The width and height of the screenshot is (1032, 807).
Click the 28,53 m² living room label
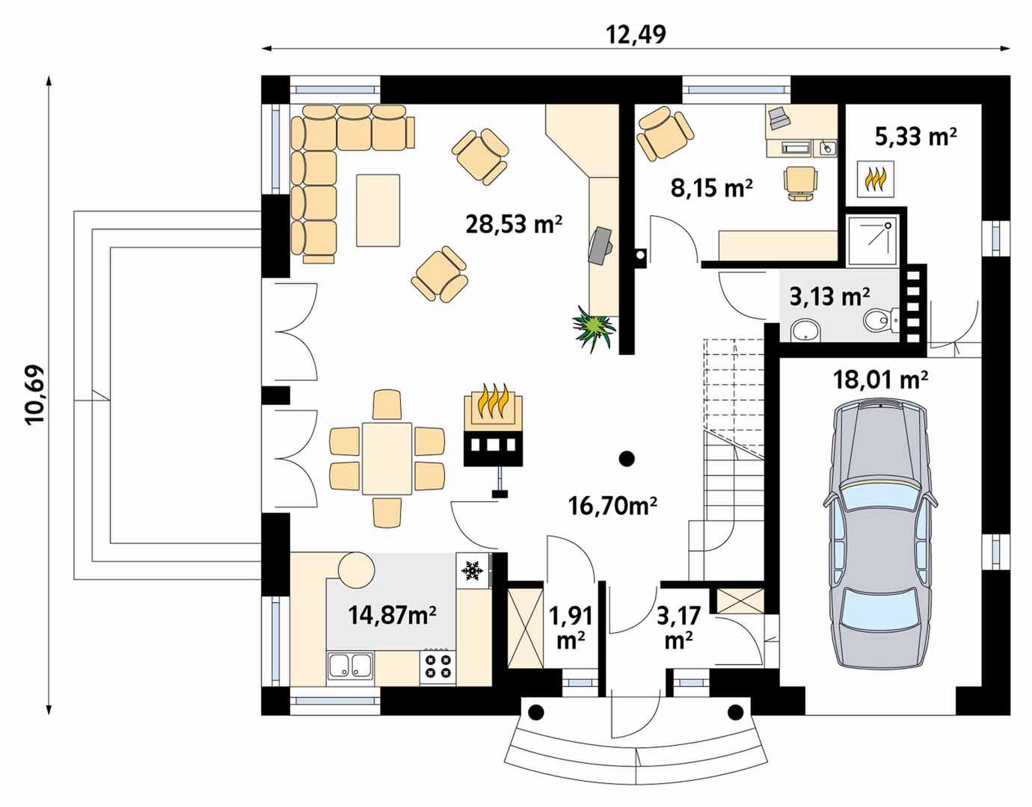pos(514,224)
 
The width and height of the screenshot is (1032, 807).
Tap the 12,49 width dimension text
pos(636,34)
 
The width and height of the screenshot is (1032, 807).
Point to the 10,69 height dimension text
pos(35,395)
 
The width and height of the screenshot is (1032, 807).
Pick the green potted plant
pos(594,328)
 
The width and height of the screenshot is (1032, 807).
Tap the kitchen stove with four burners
pos(438,667)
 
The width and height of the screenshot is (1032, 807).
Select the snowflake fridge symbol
pos(472,570)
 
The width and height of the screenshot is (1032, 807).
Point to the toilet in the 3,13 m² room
pos(879,321)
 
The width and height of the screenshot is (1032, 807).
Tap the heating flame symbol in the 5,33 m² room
pos(875,179)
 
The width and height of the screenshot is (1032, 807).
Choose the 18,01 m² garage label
pos(880,380)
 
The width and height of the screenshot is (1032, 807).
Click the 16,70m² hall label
pos(612,506)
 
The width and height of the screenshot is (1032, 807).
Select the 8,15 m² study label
pos(711,188)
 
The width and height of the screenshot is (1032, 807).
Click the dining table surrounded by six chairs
pos(387,459)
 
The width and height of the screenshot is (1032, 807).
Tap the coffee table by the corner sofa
pos(378,210)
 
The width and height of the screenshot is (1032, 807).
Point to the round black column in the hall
pos(627,458)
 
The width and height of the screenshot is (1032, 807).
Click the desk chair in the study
pos(801,183)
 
